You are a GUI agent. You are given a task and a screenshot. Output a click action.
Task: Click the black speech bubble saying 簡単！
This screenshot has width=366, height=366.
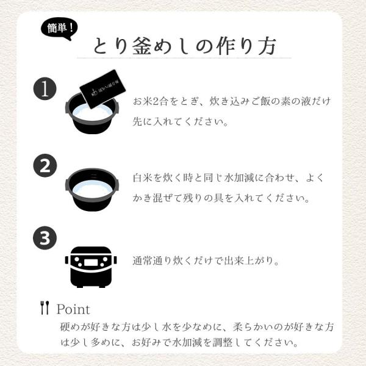pyautogui.click(x=60, y=29)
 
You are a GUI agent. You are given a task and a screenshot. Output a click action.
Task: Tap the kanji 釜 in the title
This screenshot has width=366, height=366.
pyautogui.click(x=142, y=46)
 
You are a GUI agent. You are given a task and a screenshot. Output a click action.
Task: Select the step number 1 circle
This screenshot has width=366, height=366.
pyautogui.click(x=45, y=89)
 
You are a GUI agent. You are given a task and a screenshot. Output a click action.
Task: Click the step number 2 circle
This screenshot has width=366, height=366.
pyautogui.click(x=45, y=165)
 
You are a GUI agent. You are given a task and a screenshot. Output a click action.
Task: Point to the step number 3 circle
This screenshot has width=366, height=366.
pyautogui.click(x=45, y=238)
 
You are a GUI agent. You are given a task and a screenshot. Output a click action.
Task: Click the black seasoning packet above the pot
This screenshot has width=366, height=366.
pyautogui.click(x=102, y=89)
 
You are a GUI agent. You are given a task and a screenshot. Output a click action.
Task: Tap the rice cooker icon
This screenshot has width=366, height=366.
pyautogui.click(x=91, y=267)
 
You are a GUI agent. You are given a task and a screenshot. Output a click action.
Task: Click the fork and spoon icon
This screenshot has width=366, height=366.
pyautogui.click(x=45, y=307)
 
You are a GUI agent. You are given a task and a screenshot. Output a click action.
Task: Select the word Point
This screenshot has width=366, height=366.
pyautogui.click(x=73, y=309)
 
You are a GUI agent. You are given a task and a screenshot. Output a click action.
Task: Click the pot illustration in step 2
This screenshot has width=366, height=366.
pyautogui.click(x=92, y=190)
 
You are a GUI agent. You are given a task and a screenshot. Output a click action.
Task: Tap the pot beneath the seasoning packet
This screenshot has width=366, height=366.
pyautogui.click(x=92, y=115)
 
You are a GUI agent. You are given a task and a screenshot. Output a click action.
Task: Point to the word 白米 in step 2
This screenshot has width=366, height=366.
pyautogui.click(x=143, y=178)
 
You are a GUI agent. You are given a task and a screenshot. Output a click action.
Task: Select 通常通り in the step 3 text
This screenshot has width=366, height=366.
pyautogui.click(x=152, y=260)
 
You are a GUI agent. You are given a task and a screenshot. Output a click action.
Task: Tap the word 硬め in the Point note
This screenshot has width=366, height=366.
pyautogui.click(x=70, y=327)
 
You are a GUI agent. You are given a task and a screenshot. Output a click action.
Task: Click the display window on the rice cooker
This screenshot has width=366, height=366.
pyautogui.click(x=91, y=262)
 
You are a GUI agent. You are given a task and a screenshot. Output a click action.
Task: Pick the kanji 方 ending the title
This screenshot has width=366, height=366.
pyautogui.click(x=268, y=46)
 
